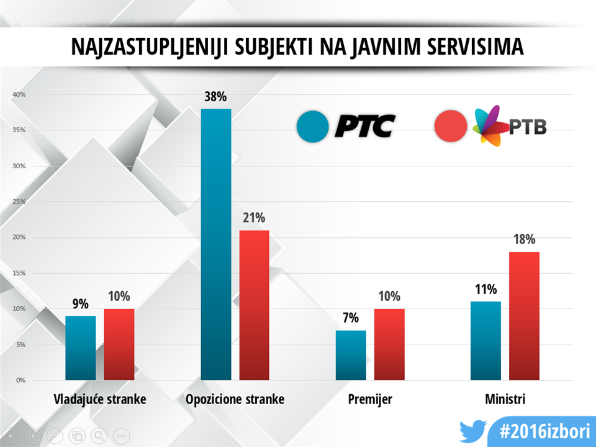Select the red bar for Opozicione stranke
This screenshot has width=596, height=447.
[x=255, y=305]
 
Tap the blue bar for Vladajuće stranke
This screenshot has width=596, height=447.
[x=81, y=348]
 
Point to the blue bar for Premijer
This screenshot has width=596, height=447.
[x=351, y=355]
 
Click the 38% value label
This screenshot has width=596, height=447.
[x=216, y=97]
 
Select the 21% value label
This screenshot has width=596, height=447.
[x=255, y=218]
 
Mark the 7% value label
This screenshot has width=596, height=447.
[x=351, y=318]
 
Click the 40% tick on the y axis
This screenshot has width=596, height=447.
[x=18, y=94]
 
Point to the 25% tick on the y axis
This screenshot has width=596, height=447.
[x=18, y=202]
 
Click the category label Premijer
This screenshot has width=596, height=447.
[x=370, y=399]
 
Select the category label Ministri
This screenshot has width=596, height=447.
[x=505, y=399]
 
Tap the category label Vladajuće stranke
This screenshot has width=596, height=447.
[x=99, y=399]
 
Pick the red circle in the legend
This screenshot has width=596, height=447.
[x=451, y=127]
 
